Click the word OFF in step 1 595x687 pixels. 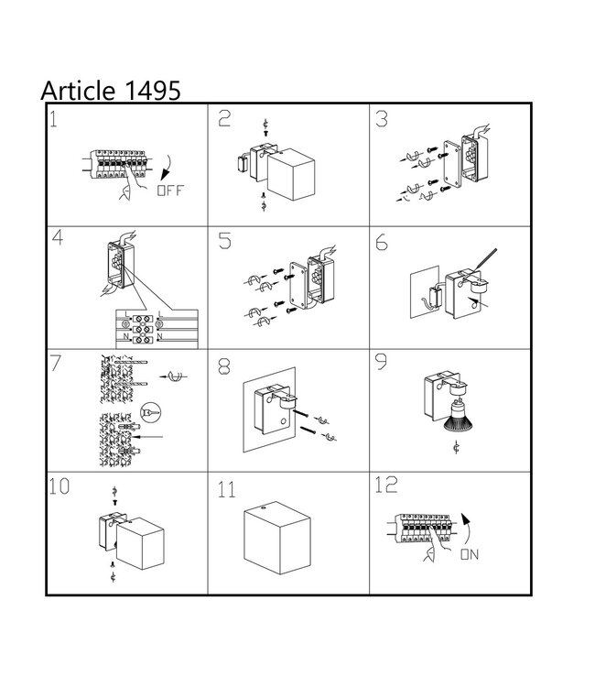pyautogui.click(x=170, y=191)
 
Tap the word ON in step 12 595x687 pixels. pyautogui.click(x=470, y=555)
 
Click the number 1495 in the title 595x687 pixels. pyautogui.click(x=153, y=91)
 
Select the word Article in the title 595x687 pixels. pyautogui.click(x=78, y=91)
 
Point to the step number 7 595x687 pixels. pyautogui.click(x=56, y=364)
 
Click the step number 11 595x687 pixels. pyautogui.click(x=226, y=490)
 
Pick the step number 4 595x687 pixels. pyautogui.click(x=58, y=237)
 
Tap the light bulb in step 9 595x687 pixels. pyautogui.click(x=458, y=416)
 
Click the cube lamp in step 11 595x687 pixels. pyautogui.click(x=277, y=538)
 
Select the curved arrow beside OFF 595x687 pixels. pyautogui.click(x=167, y=168)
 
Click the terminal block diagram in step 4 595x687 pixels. pyautogui.click(x=157, y=329)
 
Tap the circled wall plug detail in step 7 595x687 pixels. pyautogui.click(x=151, y=413)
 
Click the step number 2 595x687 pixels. pyautogui.click(x=224, y=118)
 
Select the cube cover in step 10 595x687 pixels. pyautogui.click(x=141, y=543)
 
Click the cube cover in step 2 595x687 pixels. pyautogui.click(x=291, y=175)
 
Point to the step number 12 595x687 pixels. pyautogui.click(x=385, y=485)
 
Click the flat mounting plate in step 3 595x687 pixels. pyautogui.click(x=452, y=164)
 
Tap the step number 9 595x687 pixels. pyautogui.click(x=382, y=362)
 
